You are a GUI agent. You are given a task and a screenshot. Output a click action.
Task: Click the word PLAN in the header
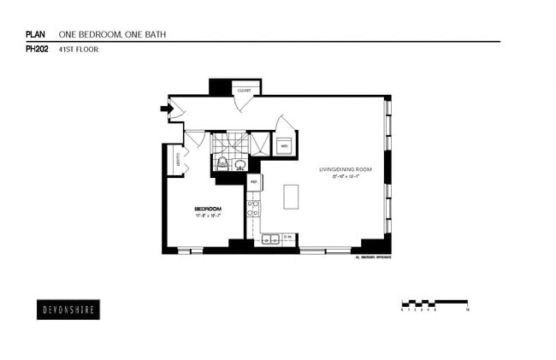click(x=34, y=34)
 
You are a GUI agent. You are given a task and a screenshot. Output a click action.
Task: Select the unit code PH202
click(x=37, y=50)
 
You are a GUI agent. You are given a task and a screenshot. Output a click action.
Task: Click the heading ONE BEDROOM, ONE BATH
click(x=111, y=34)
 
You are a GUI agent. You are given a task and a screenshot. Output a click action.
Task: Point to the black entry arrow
click(x=164, y=108)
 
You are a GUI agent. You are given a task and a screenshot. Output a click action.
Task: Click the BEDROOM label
click(x=208, y=210)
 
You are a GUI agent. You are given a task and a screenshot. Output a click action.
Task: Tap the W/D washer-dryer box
click(x=284, y=146)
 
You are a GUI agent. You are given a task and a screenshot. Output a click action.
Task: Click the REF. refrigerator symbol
click(x=254, y=181)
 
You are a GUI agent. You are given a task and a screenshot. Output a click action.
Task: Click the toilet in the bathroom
click(x=222, y=162)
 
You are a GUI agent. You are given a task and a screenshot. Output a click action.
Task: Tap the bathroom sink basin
click(x=240, y=164)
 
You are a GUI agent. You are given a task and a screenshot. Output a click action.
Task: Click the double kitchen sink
click(x=269, y=239)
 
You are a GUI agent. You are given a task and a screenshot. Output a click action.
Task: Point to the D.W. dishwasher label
click(x=288, y=237)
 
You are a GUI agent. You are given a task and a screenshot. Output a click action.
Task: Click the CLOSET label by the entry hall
click(x=245, y=89)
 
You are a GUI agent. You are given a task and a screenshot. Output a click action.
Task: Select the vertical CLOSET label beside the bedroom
click(x=177, y=158)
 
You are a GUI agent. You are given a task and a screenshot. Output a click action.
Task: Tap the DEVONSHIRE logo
click(x=69, y=310)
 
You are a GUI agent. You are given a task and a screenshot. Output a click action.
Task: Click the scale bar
click(x=434, y=302)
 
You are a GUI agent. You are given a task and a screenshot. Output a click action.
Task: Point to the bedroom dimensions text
click(x=208, y=216)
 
